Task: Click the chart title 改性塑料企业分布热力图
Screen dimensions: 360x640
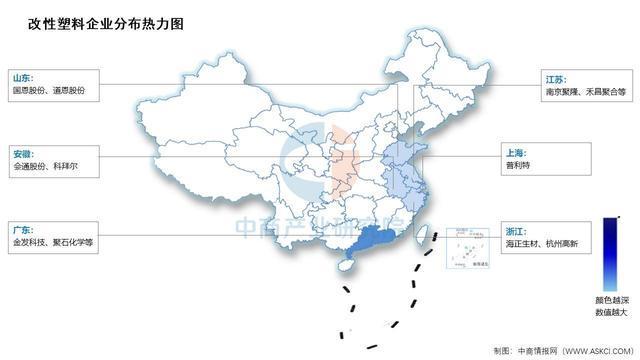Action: [x=85, y=21]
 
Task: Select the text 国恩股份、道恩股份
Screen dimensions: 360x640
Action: [x=49, y=90]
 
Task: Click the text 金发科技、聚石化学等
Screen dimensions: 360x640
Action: [x=52, y=242]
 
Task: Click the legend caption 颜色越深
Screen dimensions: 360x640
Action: [x=607, y=299]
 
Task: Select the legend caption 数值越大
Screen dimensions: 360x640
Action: [x=607, y=313]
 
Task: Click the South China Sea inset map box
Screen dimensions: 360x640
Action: [x=468, y=247]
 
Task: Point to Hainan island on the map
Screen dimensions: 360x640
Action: [x=348, y=265]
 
